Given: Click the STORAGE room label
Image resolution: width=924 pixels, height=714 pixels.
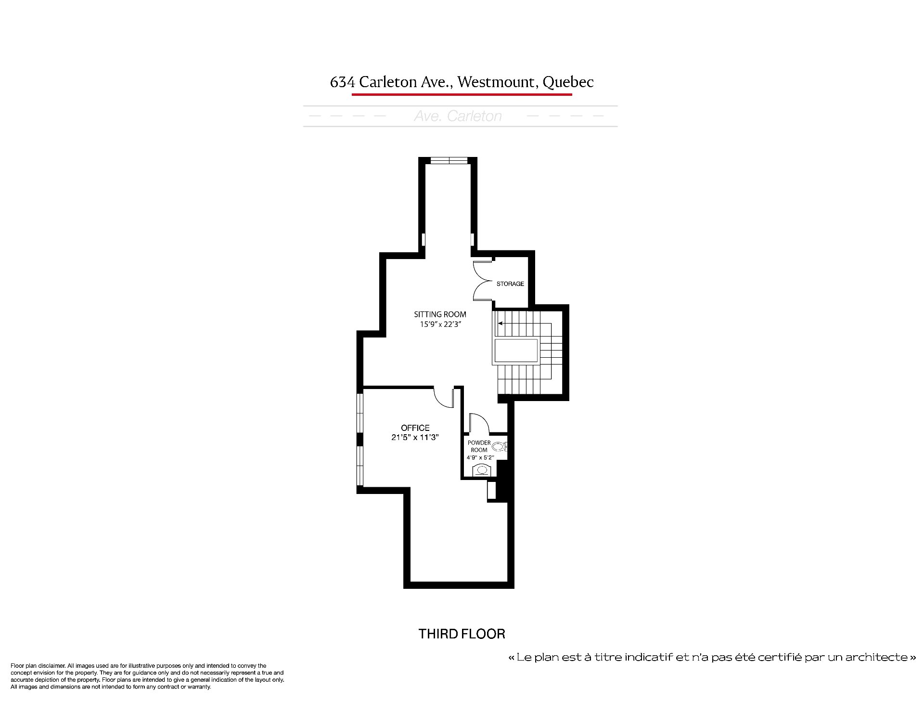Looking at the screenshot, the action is (x=510, y=284).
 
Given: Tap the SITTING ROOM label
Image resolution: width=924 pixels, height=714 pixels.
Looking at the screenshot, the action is (x=440, y=314).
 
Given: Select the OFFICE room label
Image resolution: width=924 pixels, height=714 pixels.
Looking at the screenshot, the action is (x=415, y=428).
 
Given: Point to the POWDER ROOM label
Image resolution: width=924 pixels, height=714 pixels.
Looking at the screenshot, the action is (x=479, y=446).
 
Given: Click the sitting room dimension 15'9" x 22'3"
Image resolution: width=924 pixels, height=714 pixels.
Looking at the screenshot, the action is (x=440, y=325).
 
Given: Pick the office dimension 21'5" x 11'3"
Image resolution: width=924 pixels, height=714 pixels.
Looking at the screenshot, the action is (x=415, y=438).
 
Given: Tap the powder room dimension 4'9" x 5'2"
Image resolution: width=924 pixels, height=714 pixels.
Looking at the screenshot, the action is (x=480, y=457).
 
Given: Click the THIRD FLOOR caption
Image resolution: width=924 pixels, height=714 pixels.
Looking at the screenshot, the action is (x=462, y=634).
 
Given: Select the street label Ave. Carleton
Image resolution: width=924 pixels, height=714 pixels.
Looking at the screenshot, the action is (x=458, y=116).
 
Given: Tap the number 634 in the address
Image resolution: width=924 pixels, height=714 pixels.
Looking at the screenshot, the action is (x=342, y=82).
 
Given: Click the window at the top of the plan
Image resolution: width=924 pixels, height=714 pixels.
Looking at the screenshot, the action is (x=449, y=160).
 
